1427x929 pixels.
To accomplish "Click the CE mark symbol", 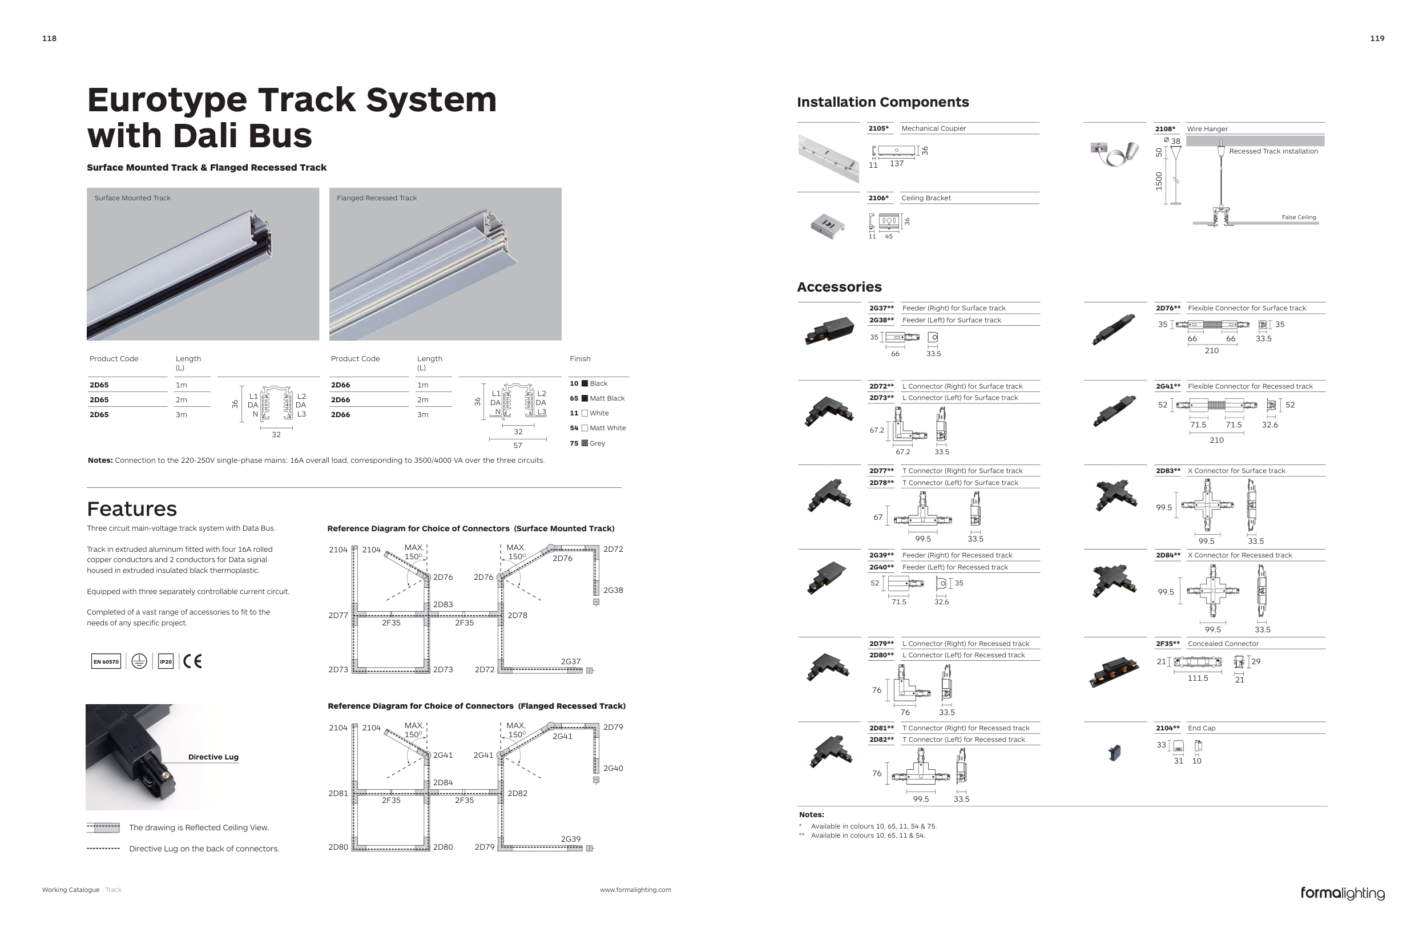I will (x=192, y=661).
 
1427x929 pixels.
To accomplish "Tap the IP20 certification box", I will (x=166, y=662).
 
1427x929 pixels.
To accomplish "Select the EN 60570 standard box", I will (x=106, y=662).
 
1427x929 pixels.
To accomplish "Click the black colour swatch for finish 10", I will (x=584, y=383).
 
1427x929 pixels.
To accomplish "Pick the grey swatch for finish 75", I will (x=584, y=443).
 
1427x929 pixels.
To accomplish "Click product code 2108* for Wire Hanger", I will (x=1165, y=129).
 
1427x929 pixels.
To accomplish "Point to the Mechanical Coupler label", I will (x=934, y=128).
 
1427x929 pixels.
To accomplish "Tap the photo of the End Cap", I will (x=1115, y=752).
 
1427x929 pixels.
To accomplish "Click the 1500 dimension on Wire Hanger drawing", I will (x=1159, y=181).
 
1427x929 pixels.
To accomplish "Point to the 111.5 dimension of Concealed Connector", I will (x=1198, y=678).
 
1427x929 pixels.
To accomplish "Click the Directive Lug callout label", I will (x=213, y=757).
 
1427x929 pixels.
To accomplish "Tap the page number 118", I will (x=49, y=38).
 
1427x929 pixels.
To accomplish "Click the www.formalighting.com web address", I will (x=635, y=890).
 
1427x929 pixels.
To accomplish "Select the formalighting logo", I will (x=1343, y=894).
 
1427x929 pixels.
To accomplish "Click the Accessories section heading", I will (x=839, y=287).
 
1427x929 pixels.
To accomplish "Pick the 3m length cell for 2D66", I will (x=423, y=415).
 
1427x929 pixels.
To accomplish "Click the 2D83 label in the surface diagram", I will (x=443, y=605).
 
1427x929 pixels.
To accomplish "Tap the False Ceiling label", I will (x=1299, y=217).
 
